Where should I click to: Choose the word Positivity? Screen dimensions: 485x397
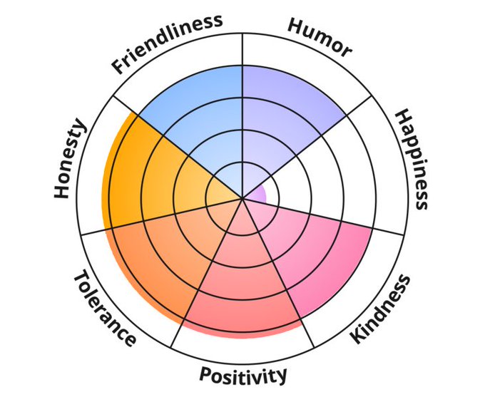243,374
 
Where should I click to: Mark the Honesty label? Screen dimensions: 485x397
70,160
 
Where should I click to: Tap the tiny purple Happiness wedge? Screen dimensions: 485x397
258,194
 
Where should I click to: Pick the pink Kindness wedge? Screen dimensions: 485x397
314,249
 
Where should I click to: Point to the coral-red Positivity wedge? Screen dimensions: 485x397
242,285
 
